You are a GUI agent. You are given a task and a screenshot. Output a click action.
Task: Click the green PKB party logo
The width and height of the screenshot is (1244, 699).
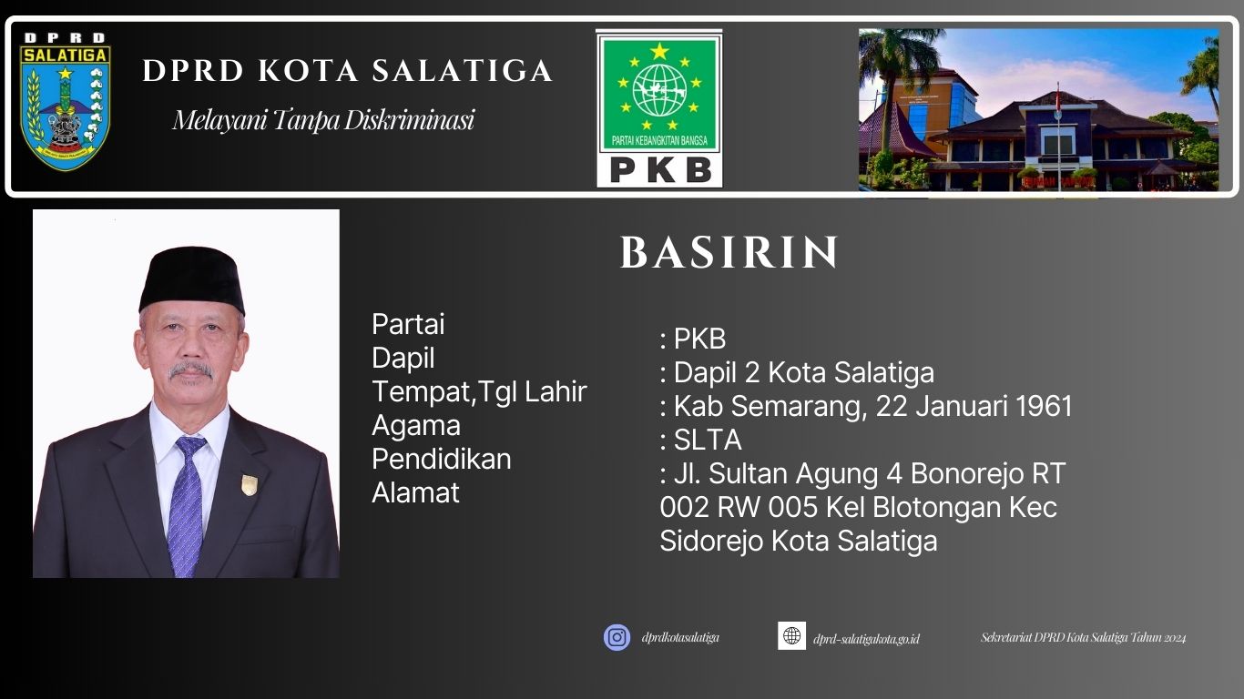coord(658,107)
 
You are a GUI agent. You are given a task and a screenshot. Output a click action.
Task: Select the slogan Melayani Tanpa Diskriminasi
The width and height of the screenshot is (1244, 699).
coord(323,120)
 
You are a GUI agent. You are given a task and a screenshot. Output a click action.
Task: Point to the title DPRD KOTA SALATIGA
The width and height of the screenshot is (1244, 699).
coord(347,71)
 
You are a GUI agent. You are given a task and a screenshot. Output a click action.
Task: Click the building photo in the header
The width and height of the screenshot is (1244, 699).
coord(1038,109)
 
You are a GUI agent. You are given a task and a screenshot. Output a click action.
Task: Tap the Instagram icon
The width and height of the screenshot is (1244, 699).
coord(617,637)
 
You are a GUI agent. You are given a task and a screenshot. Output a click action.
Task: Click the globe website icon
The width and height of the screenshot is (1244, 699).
coord(791,635)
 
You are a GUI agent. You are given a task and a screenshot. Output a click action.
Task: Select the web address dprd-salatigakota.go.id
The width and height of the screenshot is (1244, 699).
coord(866,639)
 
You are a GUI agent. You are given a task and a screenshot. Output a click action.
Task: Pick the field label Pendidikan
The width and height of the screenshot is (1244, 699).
coord(441,459)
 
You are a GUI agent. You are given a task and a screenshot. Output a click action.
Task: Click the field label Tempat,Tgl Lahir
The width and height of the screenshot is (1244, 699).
coord(479,391)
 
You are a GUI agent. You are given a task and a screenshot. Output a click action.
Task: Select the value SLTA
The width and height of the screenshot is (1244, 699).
coord(708,441)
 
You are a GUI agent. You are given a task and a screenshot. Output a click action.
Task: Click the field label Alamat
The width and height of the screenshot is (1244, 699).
coord(415,492)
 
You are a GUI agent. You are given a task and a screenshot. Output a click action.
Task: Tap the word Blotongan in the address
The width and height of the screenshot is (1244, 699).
coord(925,507)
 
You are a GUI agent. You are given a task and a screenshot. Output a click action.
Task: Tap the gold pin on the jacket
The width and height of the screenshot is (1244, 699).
coord(249,483)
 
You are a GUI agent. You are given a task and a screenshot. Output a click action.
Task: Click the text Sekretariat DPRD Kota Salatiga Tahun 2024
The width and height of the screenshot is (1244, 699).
coord(1083,638)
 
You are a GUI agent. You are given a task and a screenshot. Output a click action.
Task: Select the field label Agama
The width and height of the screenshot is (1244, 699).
coord(415,425)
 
